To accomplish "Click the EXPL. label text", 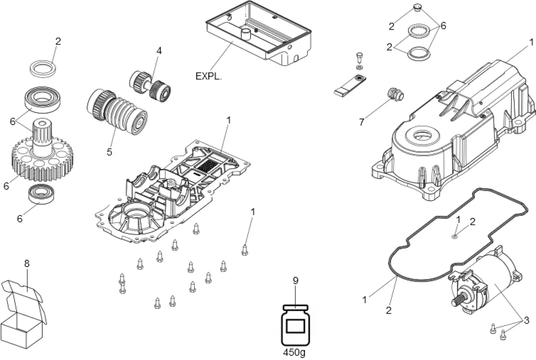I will pyautogui.click(x=208, y=76).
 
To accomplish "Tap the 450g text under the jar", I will pyautogui.click(x=295, y=352).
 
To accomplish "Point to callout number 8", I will pyautogui.click(x=27, y=263).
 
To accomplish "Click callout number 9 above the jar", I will pyautogui.click(x=295, y=280).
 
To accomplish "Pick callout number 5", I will pyautogui.click(x=109, y=152).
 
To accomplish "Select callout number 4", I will pyautogui.click(x=159, y=51).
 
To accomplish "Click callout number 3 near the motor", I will pyautogui.click(x=527, y=321).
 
